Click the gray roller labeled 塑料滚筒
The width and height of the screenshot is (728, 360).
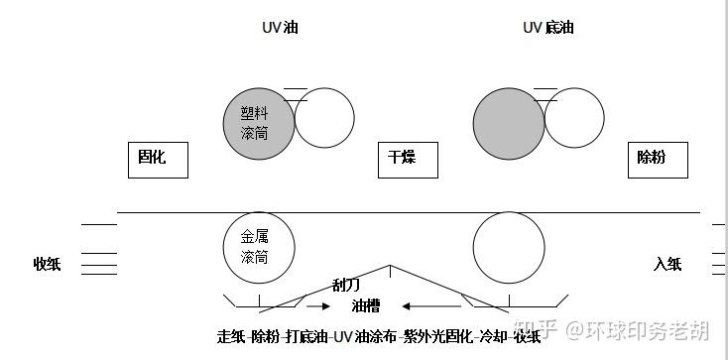[259, 124]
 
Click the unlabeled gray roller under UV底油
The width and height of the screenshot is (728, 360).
[509, 124]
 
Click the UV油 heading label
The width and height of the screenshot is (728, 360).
[280, 28]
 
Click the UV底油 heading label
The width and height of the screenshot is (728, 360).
[548, 28]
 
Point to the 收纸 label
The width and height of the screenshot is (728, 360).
[47, 264]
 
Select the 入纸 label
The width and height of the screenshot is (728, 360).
[667, 264]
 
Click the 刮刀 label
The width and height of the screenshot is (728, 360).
[346, 285]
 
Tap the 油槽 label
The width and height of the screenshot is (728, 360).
[366, 306]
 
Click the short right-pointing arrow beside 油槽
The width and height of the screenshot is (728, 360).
[318, 306]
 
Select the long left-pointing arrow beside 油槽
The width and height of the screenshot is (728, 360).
[431, 306]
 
